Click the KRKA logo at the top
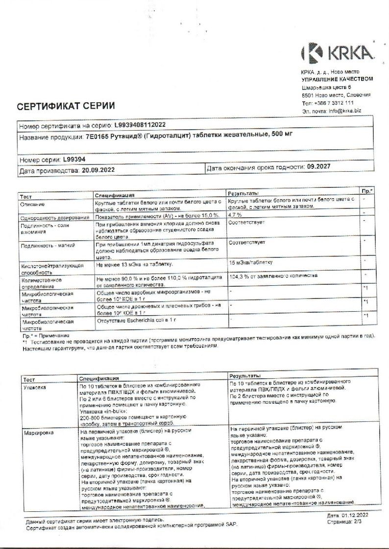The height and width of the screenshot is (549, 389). click(337, 52)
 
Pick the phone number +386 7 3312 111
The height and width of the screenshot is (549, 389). click(335, 103)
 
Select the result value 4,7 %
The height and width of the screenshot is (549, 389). click(236, 215)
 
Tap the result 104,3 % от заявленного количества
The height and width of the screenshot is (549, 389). click(272, 276)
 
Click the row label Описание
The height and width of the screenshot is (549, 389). click(33, 204)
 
